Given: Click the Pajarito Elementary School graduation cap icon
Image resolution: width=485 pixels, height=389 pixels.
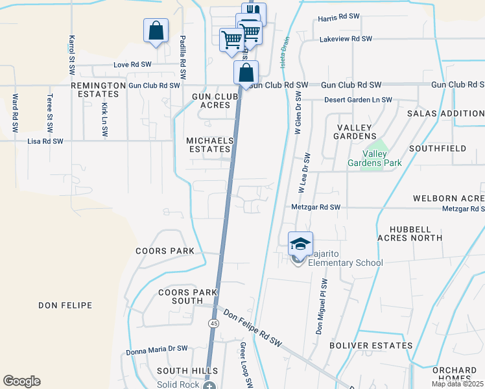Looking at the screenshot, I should (300, 244).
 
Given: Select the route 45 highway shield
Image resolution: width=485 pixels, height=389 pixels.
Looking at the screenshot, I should (213, 323).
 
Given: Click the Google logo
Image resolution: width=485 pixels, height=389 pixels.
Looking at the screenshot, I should (21, 381).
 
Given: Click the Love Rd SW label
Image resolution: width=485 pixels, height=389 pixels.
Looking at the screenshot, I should (132, 65).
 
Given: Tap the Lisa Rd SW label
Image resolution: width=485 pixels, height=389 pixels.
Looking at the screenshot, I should (45, 141).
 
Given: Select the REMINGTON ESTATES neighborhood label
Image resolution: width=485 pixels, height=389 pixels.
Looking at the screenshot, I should (98, 89).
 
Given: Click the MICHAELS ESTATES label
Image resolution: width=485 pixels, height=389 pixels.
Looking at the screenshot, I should (209, 145).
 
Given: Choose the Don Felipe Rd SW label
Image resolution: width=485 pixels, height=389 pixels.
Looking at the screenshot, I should (254, 327).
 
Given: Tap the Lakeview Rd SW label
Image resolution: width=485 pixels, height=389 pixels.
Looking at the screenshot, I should (346, 39).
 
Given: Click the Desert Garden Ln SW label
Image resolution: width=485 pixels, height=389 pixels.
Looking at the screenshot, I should (358, 100).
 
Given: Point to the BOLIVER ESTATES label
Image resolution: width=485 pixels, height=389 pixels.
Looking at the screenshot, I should (371, 346).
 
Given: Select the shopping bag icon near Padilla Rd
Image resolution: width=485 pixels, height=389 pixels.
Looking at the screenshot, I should (156, 30).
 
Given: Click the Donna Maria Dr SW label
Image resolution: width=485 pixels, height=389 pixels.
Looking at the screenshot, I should (157, 349).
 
